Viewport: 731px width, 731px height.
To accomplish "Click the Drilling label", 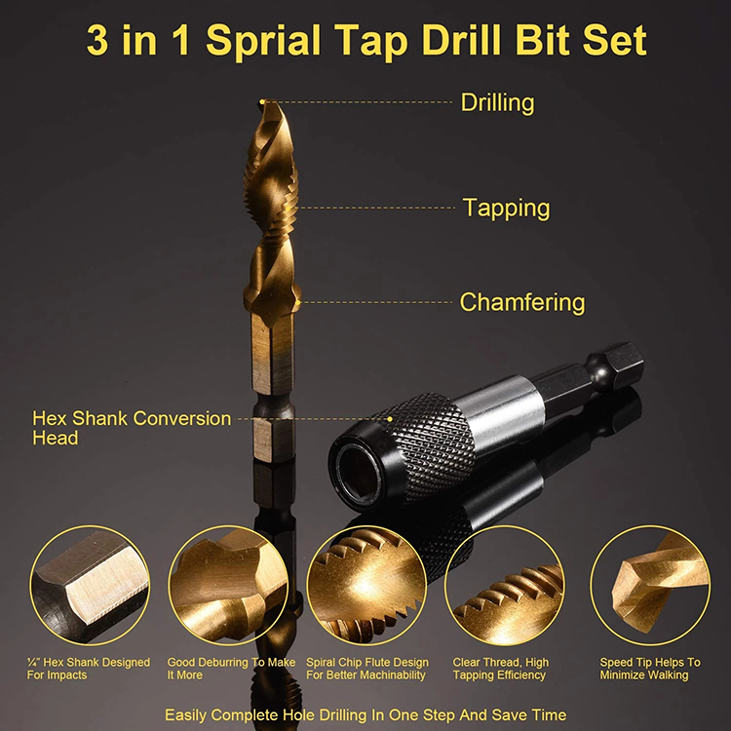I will tap(497, 102).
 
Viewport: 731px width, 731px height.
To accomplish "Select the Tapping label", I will tap(506, 208).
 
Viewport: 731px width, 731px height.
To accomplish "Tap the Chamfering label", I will tap(522, 302).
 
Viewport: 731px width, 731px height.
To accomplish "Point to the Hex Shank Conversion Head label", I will tap(132, 428).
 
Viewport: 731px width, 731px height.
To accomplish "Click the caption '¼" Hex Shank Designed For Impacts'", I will tap(89, 669).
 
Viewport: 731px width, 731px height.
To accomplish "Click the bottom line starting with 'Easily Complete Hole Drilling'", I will tap(365, 714).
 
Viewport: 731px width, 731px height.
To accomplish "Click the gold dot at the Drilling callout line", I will tap(262, 101).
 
